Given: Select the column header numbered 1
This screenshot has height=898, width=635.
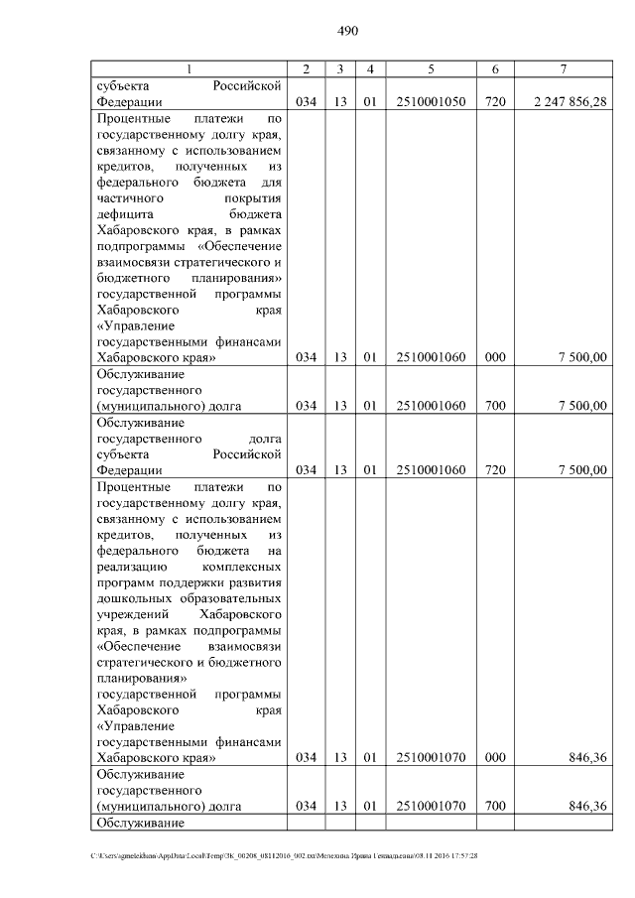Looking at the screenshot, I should [x=190, y=68].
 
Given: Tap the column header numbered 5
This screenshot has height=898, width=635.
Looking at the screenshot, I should [x=431, y=68].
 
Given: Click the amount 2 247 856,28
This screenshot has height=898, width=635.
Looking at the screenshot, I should [x=570, y=100].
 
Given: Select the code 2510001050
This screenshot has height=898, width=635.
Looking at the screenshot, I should [x=431, y=100].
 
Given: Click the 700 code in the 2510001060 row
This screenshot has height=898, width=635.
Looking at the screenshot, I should [x=493, y=405].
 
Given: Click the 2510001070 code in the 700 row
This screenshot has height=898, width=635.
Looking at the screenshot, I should [x=431, y=806].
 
